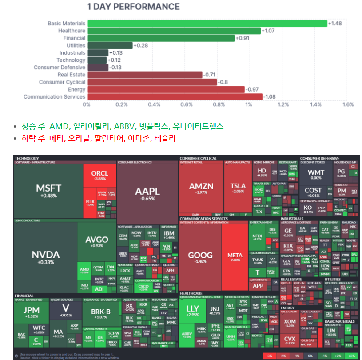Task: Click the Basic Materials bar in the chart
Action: tap(207, 23)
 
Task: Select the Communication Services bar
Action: tap(175, 96)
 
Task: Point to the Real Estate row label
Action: tap(71, 75)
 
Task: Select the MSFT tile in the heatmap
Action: tap(48, 190)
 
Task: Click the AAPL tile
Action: tap(147, 193)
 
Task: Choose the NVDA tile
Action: tap(45, 256)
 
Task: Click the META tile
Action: tap(235, 257)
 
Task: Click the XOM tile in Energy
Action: tap(290, 323)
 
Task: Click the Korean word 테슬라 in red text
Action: tap(165, 138)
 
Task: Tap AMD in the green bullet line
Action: tap(57, 126)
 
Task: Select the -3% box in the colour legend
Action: tap(269, 356)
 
